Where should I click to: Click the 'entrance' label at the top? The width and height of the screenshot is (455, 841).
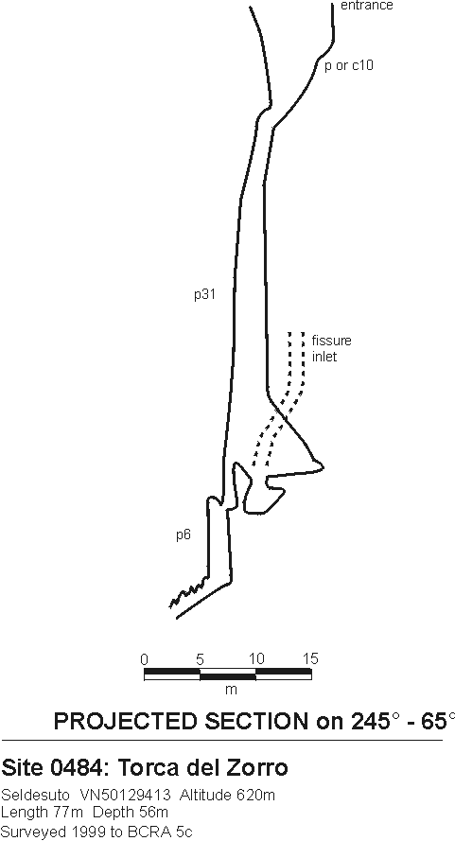pos(366,6)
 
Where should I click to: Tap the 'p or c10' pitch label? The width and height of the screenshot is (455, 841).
pos(349,65)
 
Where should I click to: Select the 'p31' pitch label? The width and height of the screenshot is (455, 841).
pos(205,294)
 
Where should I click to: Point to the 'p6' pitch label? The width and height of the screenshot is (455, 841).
pos(184,534)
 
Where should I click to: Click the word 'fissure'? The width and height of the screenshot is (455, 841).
pos(332,341)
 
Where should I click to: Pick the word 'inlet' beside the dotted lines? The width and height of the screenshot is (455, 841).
pos(324,357)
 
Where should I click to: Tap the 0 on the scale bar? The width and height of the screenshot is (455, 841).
pos(144,658)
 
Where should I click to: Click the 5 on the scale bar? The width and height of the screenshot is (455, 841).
pos(201,658)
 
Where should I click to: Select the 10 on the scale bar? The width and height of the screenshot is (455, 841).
pos(256,658)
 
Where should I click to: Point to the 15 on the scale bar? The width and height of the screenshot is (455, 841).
pos(310,658)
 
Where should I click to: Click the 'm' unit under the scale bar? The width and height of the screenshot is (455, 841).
pos(231,690)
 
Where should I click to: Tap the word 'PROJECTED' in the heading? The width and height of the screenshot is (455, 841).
pos(125,722)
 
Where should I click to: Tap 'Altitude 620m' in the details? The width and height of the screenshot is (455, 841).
pos(226,795)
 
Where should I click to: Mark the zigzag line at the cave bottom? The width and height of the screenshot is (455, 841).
pos(189,593)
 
